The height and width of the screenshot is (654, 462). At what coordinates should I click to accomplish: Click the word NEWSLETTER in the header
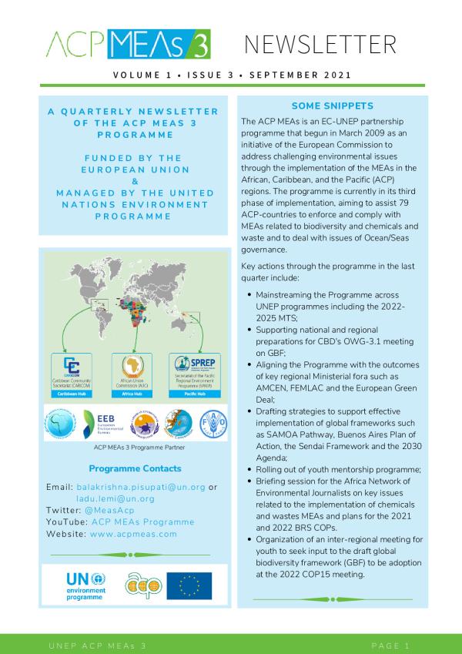pyautogui.click(x=326, y=45)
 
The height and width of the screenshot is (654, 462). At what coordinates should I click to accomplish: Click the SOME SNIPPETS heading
pyautogui.click(x=333, y=106)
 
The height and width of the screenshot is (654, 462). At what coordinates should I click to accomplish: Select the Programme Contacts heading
pyautogui.click(x=135, y=468)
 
